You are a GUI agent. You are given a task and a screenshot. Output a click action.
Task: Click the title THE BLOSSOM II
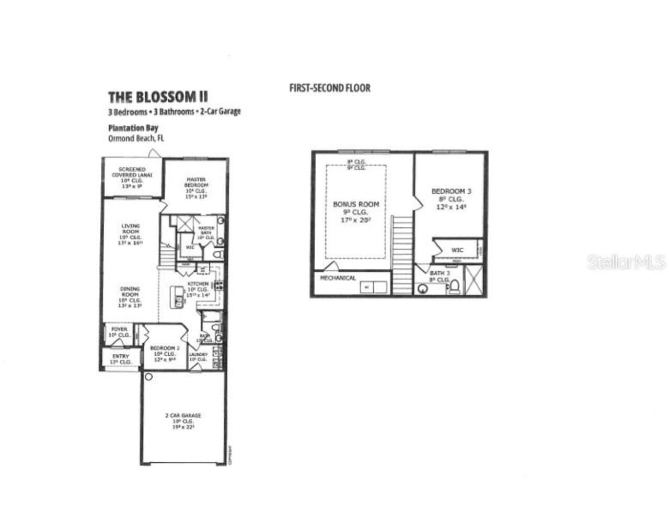[x=158, y=97]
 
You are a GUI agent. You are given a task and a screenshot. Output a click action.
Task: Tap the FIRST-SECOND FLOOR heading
[x=330, y=88]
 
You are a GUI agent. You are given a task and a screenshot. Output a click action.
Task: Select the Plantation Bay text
[x=133, y=128]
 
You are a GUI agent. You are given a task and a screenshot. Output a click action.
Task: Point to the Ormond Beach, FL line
[x=136, y=138]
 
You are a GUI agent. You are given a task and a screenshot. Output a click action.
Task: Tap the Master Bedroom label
[x=196, y=182]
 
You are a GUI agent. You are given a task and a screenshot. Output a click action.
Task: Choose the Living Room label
[x=130, y=229]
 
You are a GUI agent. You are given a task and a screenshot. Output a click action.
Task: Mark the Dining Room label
[x=130, y=292]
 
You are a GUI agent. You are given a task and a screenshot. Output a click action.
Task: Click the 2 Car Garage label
[x=183, y=416]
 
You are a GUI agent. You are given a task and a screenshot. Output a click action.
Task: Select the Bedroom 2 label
[x=165, y=348]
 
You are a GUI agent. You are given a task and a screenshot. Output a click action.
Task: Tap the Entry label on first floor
[x=120, y=356]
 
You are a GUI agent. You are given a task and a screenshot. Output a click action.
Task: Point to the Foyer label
[x=119, y=330]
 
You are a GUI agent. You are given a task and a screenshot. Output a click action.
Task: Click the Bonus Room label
[x=356, y=204]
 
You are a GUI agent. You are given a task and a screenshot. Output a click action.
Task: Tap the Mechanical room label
[x=338, y=278]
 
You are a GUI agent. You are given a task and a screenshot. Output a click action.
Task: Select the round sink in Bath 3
[x=423, y=289]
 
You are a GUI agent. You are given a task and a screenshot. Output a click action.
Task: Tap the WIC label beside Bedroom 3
[x=457, y=250]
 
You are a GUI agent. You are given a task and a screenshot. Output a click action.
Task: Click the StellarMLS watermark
[x=626, y=262]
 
